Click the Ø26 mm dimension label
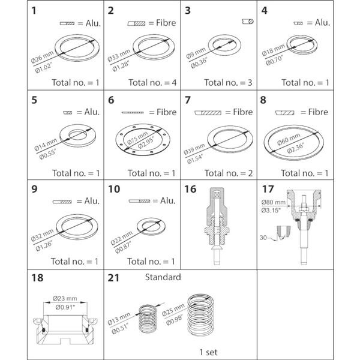click(42, 57)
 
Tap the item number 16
click(190, 189)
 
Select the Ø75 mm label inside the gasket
click(137, 138)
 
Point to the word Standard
click(163, 277)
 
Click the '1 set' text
click(208, 352)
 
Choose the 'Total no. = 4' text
click(152, 83)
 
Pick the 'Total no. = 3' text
click(228, 83)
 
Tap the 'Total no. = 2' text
click(229, 173)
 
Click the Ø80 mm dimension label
click(273, 202)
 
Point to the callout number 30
click(263, 238)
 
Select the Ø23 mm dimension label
click(65, 298)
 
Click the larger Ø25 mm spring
click(200, 314)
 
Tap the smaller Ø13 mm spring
click(148, 319)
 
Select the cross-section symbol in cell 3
click(248, 22)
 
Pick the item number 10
click(114, 189)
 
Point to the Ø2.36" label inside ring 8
click(296, 148)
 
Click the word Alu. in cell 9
click(92, 201)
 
